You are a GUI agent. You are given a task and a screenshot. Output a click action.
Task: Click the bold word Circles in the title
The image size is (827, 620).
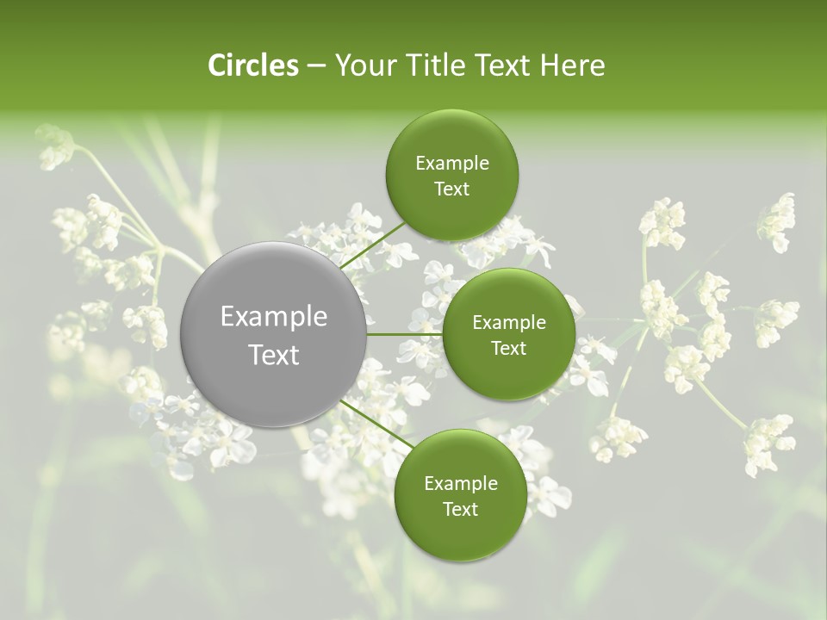tap(253, 65)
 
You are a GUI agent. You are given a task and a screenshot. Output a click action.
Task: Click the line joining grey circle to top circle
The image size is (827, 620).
tap(372, 245)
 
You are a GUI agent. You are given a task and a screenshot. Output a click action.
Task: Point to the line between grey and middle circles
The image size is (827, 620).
tap(405, 334)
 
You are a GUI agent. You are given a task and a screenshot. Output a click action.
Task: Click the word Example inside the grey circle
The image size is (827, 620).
tap(274, 317)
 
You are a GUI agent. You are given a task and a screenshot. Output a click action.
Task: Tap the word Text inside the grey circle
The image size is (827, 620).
tap(274, 354)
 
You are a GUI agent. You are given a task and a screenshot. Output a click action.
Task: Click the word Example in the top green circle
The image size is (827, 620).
tap(451, 164)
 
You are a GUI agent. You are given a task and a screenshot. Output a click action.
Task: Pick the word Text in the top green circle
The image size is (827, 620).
tap(451, 189)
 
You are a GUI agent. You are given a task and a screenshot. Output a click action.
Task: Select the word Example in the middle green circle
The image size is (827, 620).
tap(508, 323)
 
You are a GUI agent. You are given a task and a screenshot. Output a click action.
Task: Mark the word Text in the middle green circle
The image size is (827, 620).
tap(508, 348)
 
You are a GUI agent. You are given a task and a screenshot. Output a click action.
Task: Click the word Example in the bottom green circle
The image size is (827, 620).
tap(460, 484)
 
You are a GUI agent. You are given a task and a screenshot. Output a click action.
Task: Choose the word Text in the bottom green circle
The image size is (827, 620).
tap(460, 509)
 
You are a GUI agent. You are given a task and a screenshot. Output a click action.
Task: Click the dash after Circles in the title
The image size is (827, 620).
tap(315, 66)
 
